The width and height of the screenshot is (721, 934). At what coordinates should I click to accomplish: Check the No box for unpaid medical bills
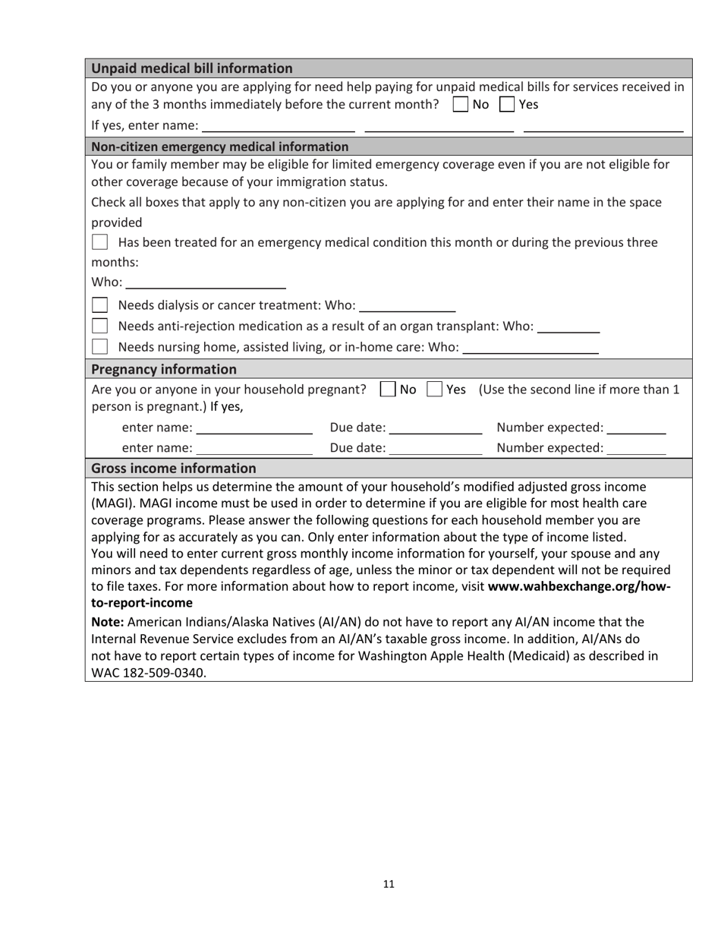tap(459, 104)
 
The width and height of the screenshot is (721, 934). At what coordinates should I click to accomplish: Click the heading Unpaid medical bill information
tap(191, 68)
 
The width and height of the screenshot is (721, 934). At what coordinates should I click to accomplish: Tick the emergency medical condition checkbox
tap(99, 243)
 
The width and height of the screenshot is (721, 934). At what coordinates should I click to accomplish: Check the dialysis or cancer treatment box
tap(99, 305)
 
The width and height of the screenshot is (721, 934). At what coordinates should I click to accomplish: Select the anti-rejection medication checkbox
tap(99, 326)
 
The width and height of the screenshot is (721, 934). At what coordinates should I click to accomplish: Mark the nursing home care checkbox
tap(99, 347)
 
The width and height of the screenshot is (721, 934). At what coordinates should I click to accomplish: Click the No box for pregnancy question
tap(387, 390)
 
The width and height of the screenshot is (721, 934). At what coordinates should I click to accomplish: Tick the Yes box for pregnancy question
tap(434, 390)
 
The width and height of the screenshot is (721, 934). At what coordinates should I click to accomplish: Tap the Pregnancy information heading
tap(163, 370)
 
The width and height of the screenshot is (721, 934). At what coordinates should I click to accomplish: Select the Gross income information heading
tap(173, 469)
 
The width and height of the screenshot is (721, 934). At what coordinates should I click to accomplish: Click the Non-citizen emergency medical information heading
tap(219, 147)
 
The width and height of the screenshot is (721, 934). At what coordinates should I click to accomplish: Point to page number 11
tap(389, 884)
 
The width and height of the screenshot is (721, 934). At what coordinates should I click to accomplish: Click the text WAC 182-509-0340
tap(148, 673)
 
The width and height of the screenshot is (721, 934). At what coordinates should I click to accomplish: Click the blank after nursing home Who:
tap(530, 350)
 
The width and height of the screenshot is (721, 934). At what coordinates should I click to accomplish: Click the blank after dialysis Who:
tap(406, 308)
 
